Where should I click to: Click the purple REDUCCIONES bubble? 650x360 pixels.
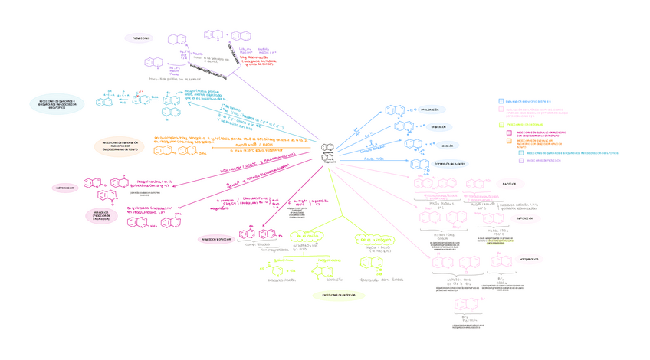click(x=141, y=38)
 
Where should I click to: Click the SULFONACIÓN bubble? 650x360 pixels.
click(x=525, y=218)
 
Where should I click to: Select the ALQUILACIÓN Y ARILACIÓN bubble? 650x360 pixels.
click(x=216, y=239)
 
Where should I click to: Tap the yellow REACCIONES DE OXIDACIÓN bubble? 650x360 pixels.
click(x=333, y=294)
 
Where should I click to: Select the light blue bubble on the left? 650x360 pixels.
click(x=57, y=104)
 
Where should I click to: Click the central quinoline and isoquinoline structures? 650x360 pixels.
click(x=327, y=150)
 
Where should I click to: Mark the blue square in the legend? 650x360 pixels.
click(x=501, y=100)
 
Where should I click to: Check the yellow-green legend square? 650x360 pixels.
click(x=501, y=123)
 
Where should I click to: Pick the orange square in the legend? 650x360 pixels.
click(x=508, y=142)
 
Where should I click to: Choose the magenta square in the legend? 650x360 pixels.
click(x=508, y=133)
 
